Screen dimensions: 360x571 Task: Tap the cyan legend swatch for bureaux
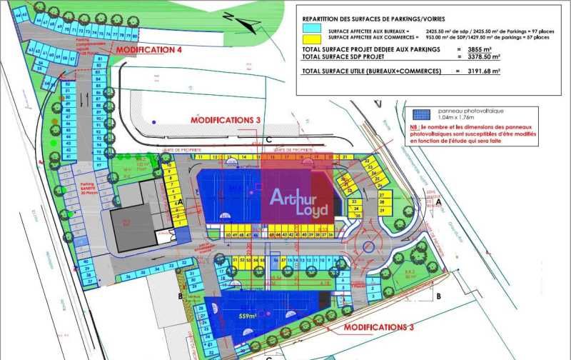click(x=312, y=28)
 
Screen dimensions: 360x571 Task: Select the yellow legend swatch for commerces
click(x=312, y=39)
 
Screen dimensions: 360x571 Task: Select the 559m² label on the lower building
click(x=248, y=316)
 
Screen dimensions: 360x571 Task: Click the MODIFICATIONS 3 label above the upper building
click(x=225, y=120)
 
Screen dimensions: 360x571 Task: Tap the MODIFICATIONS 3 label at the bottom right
click(x=378, y=327)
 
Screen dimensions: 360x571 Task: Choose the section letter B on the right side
click(x=438, y=295)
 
